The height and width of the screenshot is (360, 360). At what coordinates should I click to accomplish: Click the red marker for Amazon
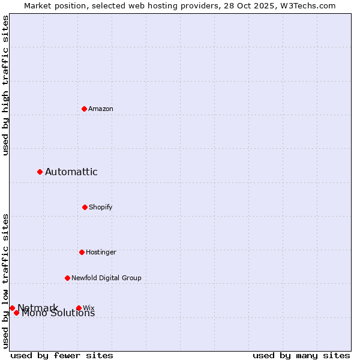(85, 109)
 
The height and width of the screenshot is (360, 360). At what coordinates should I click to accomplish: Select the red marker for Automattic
(40, 172)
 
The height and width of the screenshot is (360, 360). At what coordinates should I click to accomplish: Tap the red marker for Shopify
(85, 207)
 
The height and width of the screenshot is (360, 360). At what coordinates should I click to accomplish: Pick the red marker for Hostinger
(82, 252)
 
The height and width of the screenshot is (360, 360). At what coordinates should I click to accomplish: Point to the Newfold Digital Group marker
(67, 278)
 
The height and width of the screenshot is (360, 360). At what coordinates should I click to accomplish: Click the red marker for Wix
(79, 308)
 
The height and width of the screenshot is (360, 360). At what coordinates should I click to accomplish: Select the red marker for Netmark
(12, 308)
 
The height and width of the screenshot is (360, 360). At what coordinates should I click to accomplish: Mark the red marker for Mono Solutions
(16, 313)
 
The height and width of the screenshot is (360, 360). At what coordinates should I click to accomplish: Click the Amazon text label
(101, 109)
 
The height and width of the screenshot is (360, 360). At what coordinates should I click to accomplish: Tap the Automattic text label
(71, 172)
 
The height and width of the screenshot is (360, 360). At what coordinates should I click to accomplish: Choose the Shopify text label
(101, 207)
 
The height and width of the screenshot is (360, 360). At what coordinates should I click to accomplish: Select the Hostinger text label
(101, 252)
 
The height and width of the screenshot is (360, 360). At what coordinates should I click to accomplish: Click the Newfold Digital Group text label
(106, 278)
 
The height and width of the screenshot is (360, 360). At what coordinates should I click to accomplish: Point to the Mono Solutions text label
(58, 313)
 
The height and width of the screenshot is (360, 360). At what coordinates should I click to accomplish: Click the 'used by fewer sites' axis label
(62, 355)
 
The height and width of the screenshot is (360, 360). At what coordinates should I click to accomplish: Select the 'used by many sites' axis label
(301, 355)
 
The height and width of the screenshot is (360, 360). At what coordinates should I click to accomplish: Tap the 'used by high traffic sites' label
(5, 85)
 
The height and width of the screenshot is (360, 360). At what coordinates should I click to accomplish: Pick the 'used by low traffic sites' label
(5, 280)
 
